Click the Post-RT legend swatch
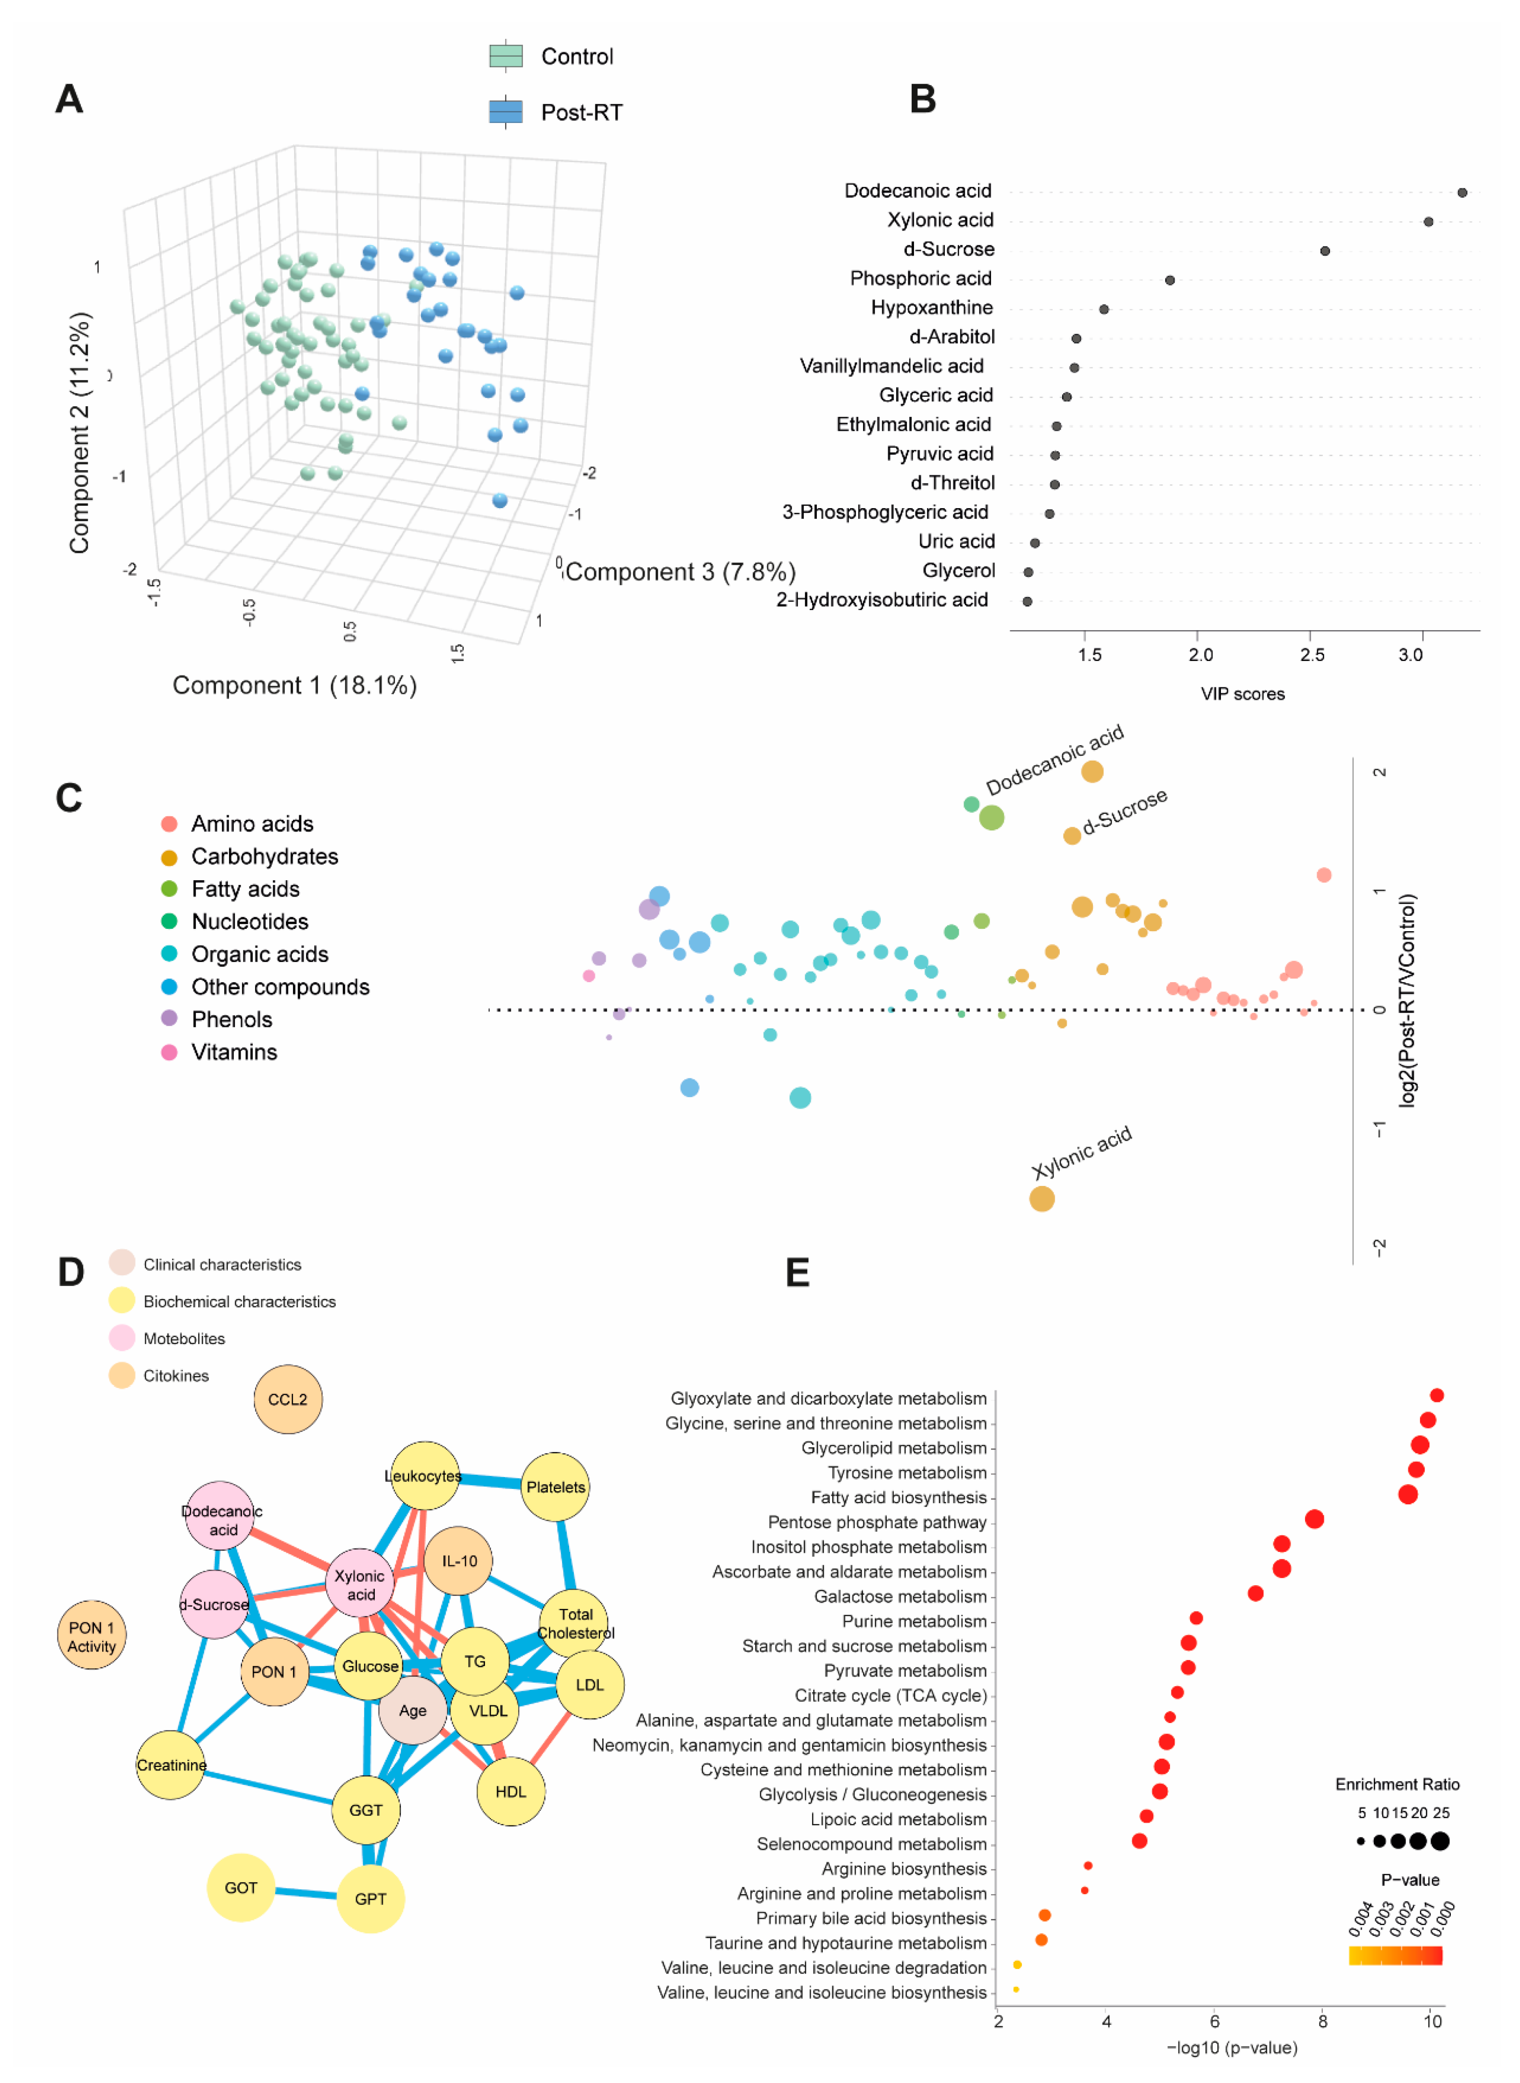505,111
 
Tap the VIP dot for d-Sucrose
1325,251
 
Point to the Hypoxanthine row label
932,308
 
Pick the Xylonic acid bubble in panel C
1042,1199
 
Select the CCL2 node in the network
288,1399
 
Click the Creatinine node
171,1765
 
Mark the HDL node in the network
511,1791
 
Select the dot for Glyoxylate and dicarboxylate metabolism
1436,1395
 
